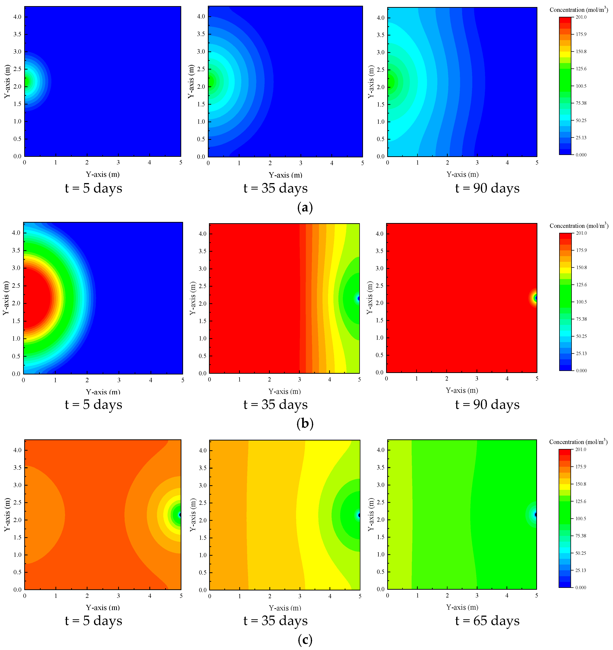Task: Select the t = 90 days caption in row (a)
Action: coord(487,188)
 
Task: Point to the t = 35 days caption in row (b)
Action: coord(275,404)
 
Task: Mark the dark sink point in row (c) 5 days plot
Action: coord(180,515)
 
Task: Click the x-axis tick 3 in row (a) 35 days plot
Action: coord(301,163)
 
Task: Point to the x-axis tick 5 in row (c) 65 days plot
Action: coord(536,595)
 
